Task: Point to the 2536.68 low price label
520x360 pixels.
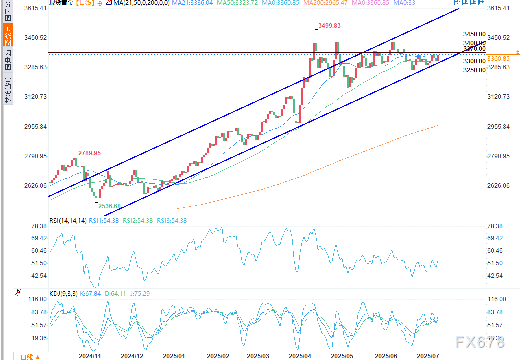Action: [x=110, y=206]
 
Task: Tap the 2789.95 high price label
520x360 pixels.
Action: [x=89, y=153]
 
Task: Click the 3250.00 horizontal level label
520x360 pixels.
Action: [x=474, y=70]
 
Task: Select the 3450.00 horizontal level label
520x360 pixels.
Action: [x=474, y=34]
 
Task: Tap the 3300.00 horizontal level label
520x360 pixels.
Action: [x=474, y=61]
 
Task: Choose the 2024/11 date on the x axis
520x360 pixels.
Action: [x=90, y=356]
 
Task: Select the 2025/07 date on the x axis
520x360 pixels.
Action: [x=427, y=356]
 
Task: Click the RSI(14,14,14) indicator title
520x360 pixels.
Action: [x=68, y=220]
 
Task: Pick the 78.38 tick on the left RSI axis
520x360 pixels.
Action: [x=38, y=226]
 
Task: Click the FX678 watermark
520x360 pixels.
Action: [x=480, y=343]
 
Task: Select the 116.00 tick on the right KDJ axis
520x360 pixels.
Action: [x=496, y=299]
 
